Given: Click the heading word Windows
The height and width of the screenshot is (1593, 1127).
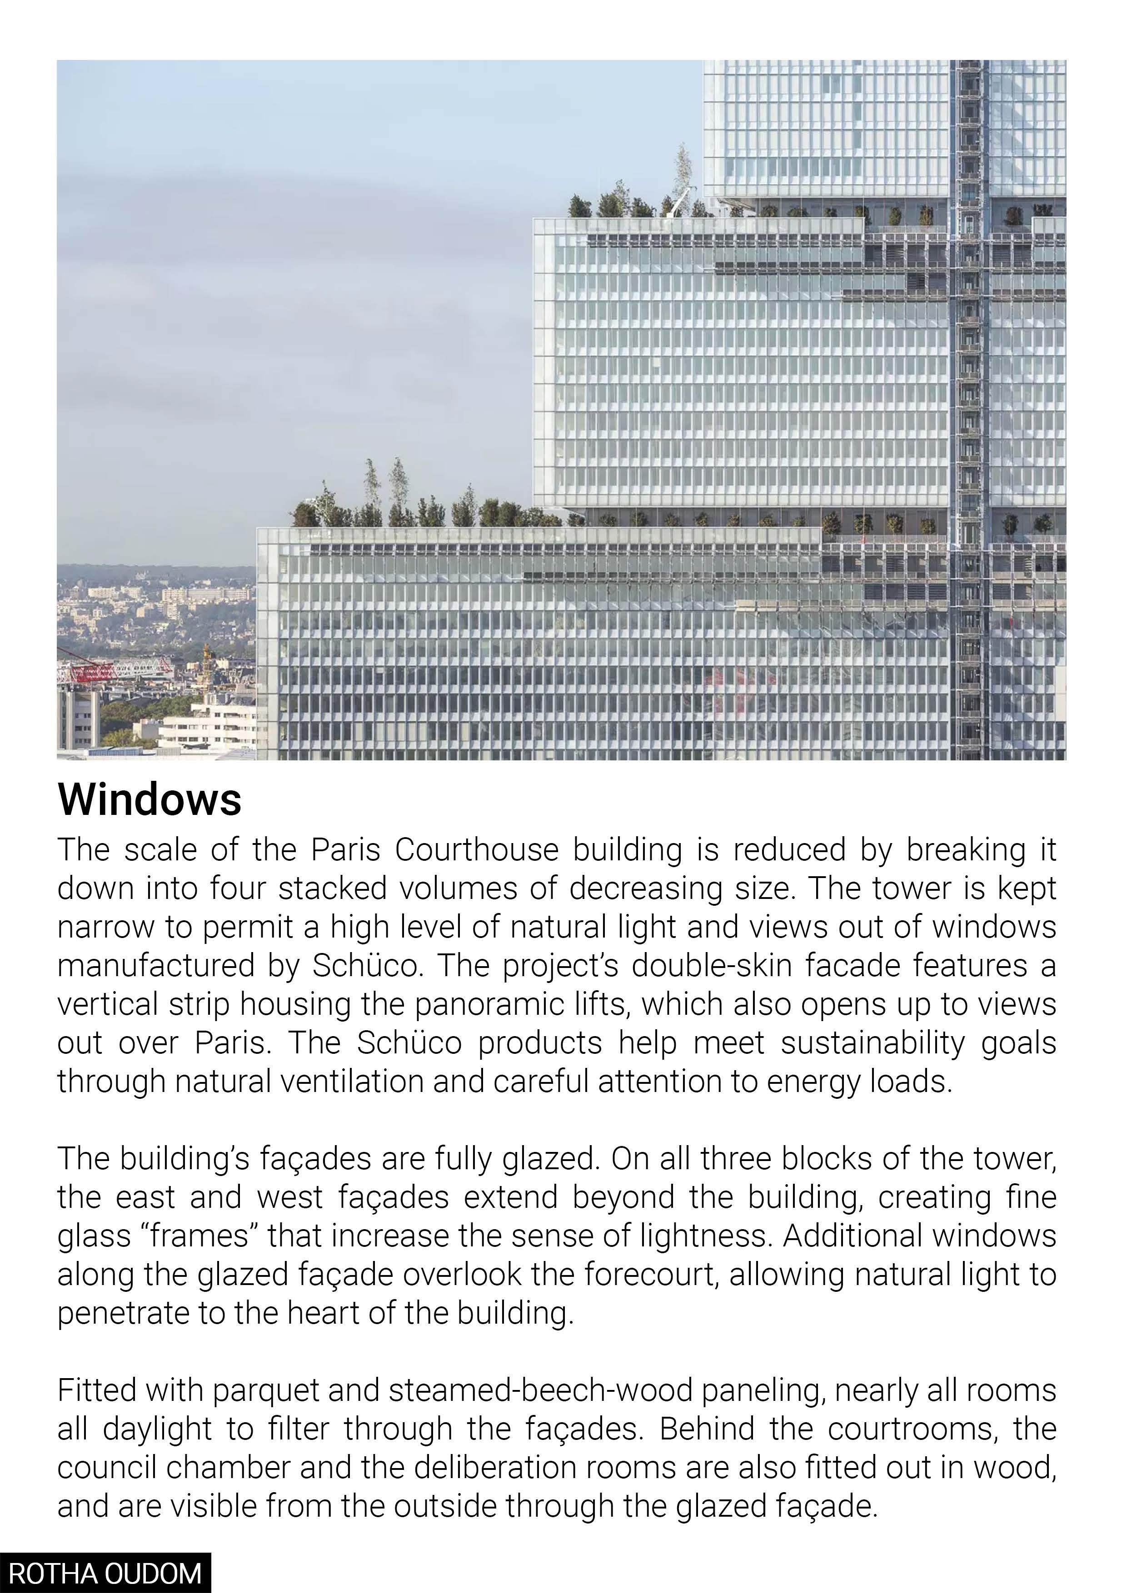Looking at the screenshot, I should point(149,799).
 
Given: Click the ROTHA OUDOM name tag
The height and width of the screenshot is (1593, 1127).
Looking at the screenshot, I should point(105,1573).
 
